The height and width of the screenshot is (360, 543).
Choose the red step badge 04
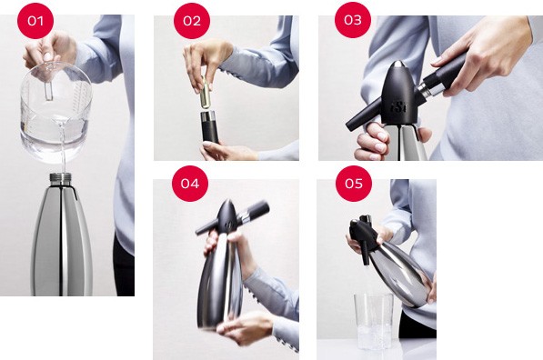tap(189, 184)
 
